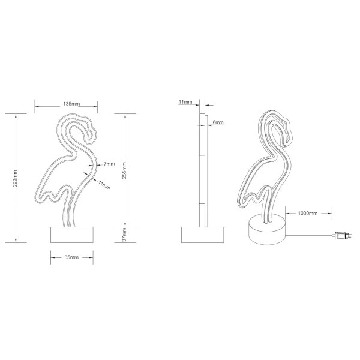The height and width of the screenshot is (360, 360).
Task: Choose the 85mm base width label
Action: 71,257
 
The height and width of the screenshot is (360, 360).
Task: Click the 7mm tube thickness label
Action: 109,164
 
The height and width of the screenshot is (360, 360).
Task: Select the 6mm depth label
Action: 218,122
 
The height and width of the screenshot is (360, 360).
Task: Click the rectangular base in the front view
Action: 71,233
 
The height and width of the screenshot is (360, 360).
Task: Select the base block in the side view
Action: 202,233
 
